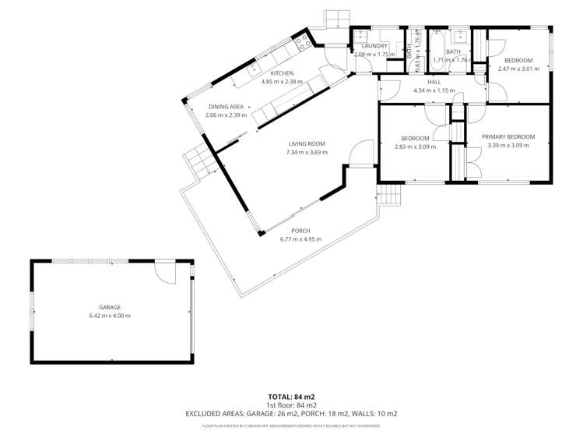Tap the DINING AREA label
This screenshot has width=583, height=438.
point(226,107)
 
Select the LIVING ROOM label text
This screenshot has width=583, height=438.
point(306,144)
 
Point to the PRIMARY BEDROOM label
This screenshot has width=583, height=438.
point(507,136)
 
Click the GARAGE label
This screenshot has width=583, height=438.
point(110,307)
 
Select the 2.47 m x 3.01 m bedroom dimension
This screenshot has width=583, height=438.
point(518,69)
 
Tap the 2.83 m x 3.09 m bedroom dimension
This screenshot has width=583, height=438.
point(415,146)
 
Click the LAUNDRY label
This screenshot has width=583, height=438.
point(375,46)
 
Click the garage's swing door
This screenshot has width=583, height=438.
point(165,272)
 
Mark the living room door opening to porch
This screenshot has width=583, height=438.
point(360,155)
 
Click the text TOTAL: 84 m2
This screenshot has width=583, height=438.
point(291,397)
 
